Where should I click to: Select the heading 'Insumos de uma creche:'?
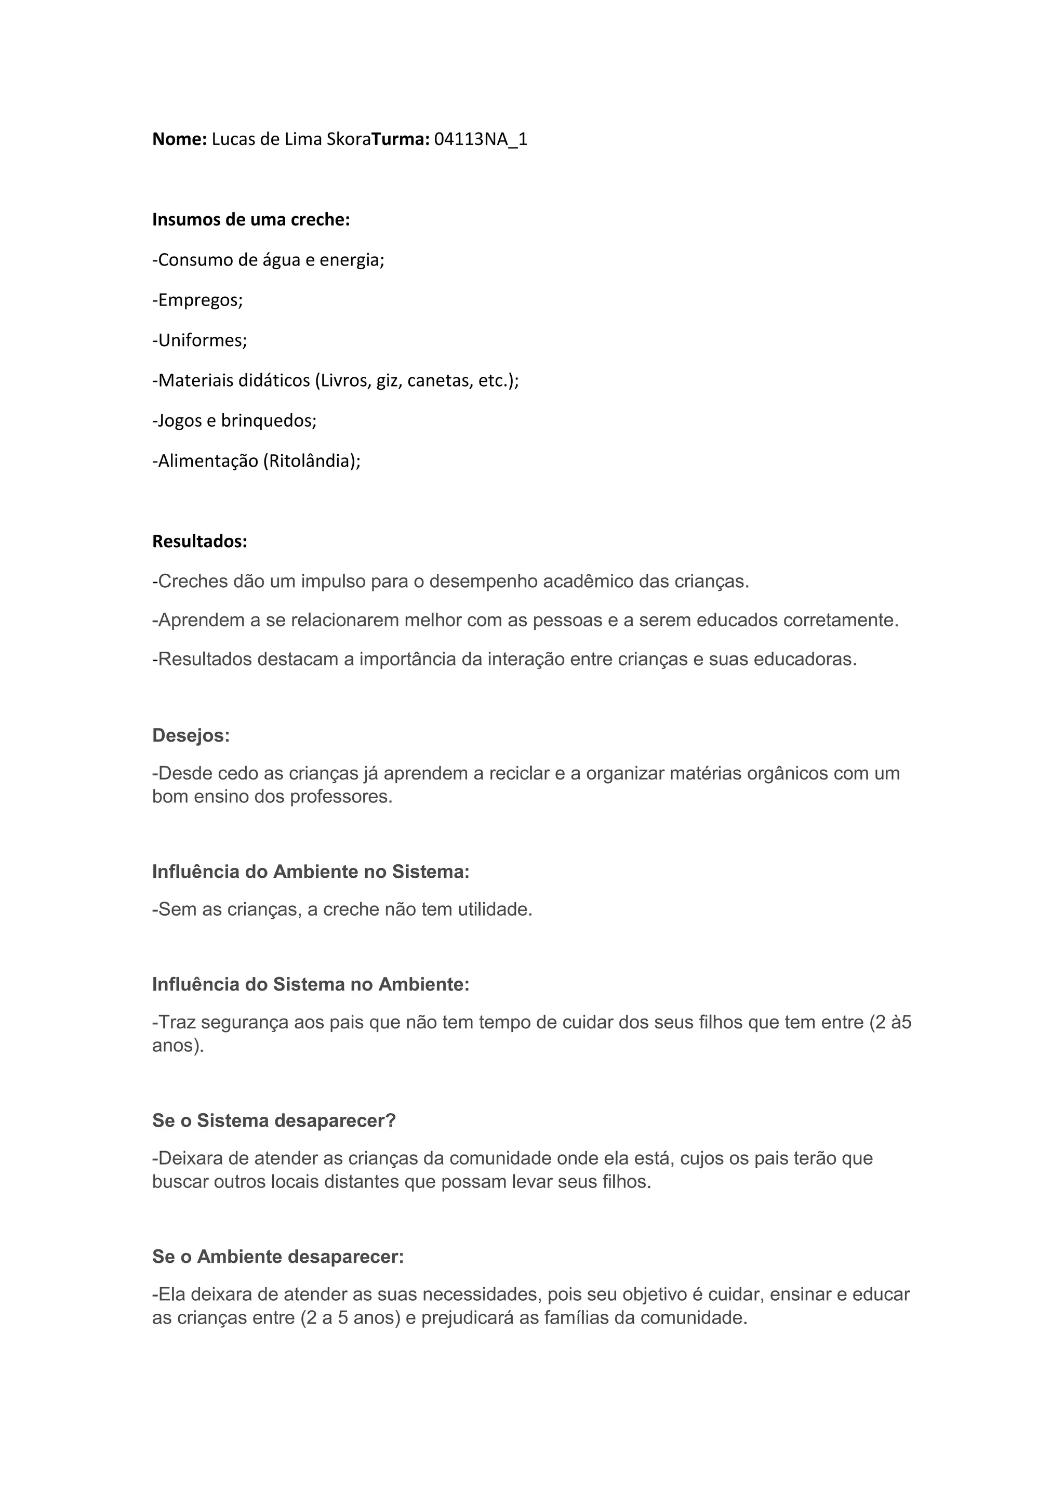[x=251, y=220]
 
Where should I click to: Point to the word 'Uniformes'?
[x=202, y=340]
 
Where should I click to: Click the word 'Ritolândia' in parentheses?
[x=311, y=461]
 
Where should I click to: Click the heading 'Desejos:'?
[x=191, y=735]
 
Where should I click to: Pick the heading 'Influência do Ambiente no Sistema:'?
[x=311, y=872]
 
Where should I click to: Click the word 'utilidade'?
[x=493, y=910]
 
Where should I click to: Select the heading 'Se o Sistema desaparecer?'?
[x=274, y=1121]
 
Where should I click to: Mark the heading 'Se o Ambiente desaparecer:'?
[x=278, y=1257]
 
